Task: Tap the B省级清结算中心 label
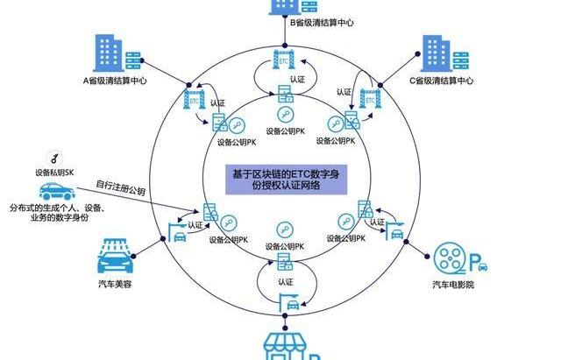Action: click(322, 23)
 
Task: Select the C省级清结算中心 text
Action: click(442, 81)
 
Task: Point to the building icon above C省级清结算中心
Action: click(441, 52)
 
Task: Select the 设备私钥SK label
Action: click(54, 173)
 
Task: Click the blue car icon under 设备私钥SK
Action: click(53, 190)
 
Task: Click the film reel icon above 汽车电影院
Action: click(452, 258)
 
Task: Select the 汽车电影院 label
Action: click(452, 286)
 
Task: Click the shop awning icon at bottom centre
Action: click(286, 344)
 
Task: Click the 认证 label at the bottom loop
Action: click(286, 282)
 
